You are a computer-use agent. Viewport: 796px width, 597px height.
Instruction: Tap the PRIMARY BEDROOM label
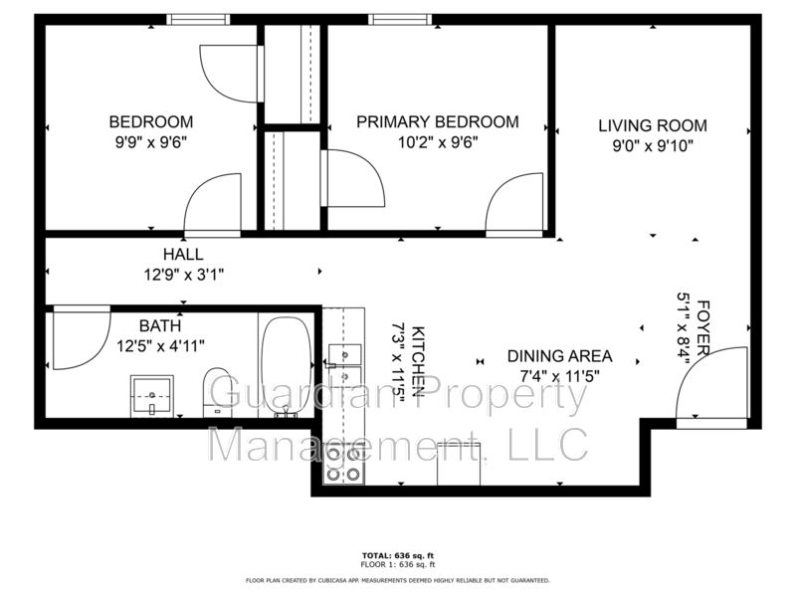[438, 122]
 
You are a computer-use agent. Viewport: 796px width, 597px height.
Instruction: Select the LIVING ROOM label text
[652, 126]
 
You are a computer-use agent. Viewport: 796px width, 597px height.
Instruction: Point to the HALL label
[183, 255]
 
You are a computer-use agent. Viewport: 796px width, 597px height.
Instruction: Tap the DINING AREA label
[559, 356]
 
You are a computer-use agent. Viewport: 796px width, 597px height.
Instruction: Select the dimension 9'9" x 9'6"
[148, 141]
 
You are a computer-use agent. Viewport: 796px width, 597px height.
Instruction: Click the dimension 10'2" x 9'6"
[438, 141]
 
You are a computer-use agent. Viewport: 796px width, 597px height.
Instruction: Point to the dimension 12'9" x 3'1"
[183, 274]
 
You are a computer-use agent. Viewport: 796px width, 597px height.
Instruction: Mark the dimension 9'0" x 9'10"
[652, 145]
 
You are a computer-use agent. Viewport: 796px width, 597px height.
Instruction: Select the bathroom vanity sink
[151, 395]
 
